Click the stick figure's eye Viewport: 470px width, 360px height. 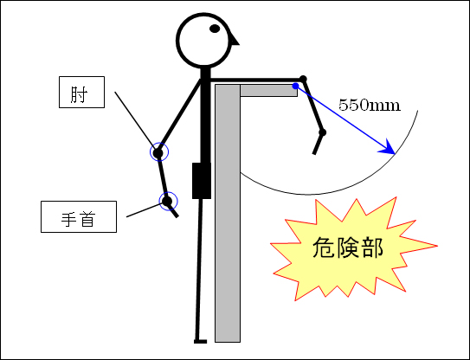tap(215, 29)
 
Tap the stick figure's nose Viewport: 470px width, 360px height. tap(234, 40)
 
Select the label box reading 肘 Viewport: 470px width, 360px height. tap(82, 92)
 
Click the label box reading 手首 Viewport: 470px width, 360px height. tap(79, 216)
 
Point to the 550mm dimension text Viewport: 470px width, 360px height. tap(370, 106)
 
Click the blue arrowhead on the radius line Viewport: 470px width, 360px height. tap(389, 148)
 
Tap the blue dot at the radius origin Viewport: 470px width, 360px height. tap(295, 86)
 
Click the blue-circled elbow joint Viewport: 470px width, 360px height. tap(159, 152)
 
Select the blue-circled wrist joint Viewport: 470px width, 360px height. tap(168, 201)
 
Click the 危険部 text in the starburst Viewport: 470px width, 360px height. tap(348, 247)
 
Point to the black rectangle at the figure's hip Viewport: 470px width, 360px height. tap(202, 181)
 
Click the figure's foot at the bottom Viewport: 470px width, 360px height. tap(200, 342)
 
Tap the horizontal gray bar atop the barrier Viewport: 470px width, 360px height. tap(268, 91)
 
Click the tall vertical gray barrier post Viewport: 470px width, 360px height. tap(228, 213)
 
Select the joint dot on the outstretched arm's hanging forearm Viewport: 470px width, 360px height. tap(323, 132)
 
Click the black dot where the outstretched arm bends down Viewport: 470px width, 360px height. tap(303, 79)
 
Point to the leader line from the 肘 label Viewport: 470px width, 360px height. tap(135, 120)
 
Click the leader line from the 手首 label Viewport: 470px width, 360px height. tap(145, 209)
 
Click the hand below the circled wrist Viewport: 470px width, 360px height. tap(174, 211)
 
